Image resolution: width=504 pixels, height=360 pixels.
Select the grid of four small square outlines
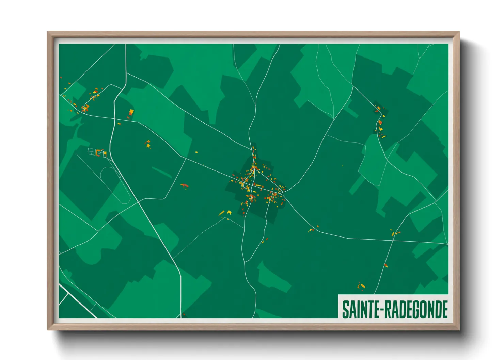pyautogui.click(x=92, y=152)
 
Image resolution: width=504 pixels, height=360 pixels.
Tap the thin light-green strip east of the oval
pyautogui.click(x=161, y=172)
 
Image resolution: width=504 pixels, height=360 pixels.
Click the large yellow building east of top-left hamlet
pyautogui.click(x=131, y=112)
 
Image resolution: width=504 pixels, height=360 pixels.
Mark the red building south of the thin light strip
pyautogui.click(x=184, y=185)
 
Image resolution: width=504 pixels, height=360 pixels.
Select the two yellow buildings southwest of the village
pyautogui.click(x=225, y=213)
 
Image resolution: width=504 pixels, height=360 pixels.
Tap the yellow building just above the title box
pyautogui.click(x=362, y=286)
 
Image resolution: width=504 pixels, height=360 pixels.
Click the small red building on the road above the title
pyautogui.click(x=386, y=265)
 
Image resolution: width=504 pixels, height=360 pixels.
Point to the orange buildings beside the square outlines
pyautogui.click(x=100, y=152)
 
